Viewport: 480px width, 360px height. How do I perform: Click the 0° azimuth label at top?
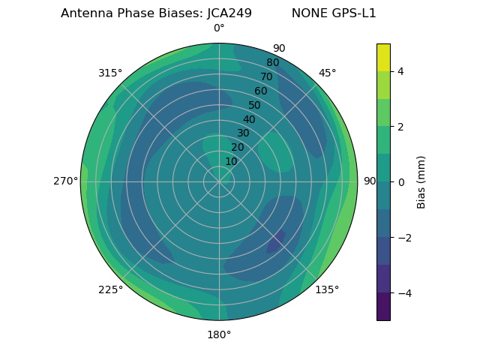[219, 28]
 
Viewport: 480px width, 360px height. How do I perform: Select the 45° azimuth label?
[327, 73]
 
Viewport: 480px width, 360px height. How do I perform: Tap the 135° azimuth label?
[327, 289]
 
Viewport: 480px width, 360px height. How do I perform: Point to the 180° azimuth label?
[219, 334]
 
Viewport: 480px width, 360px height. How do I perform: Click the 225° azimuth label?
[110, 289]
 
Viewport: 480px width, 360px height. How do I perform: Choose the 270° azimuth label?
[65, 181]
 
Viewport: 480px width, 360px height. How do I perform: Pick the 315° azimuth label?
[110, 73]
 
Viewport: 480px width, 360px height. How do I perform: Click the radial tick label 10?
[231, 161]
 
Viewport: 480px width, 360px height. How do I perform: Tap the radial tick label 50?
[254, 106]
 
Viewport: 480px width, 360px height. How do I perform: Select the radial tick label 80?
[272, 63]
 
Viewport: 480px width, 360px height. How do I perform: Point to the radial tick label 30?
[243, 133]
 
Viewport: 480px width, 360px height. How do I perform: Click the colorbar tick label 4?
[400, 71]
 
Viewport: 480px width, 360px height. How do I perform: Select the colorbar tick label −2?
[403, 238]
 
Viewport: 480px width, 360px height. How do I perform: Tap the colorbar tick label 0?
[400, 182]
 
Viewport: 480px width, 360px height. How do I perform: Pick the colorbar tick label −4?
[403, 293]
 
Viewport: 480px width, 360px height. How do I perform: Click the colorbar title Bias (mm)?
[421, 182]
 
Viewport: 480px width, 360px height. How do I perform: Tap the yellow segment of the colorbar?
[383, 58]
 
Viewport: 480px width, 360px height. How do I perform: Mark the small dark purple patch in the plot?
[276, 241]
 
